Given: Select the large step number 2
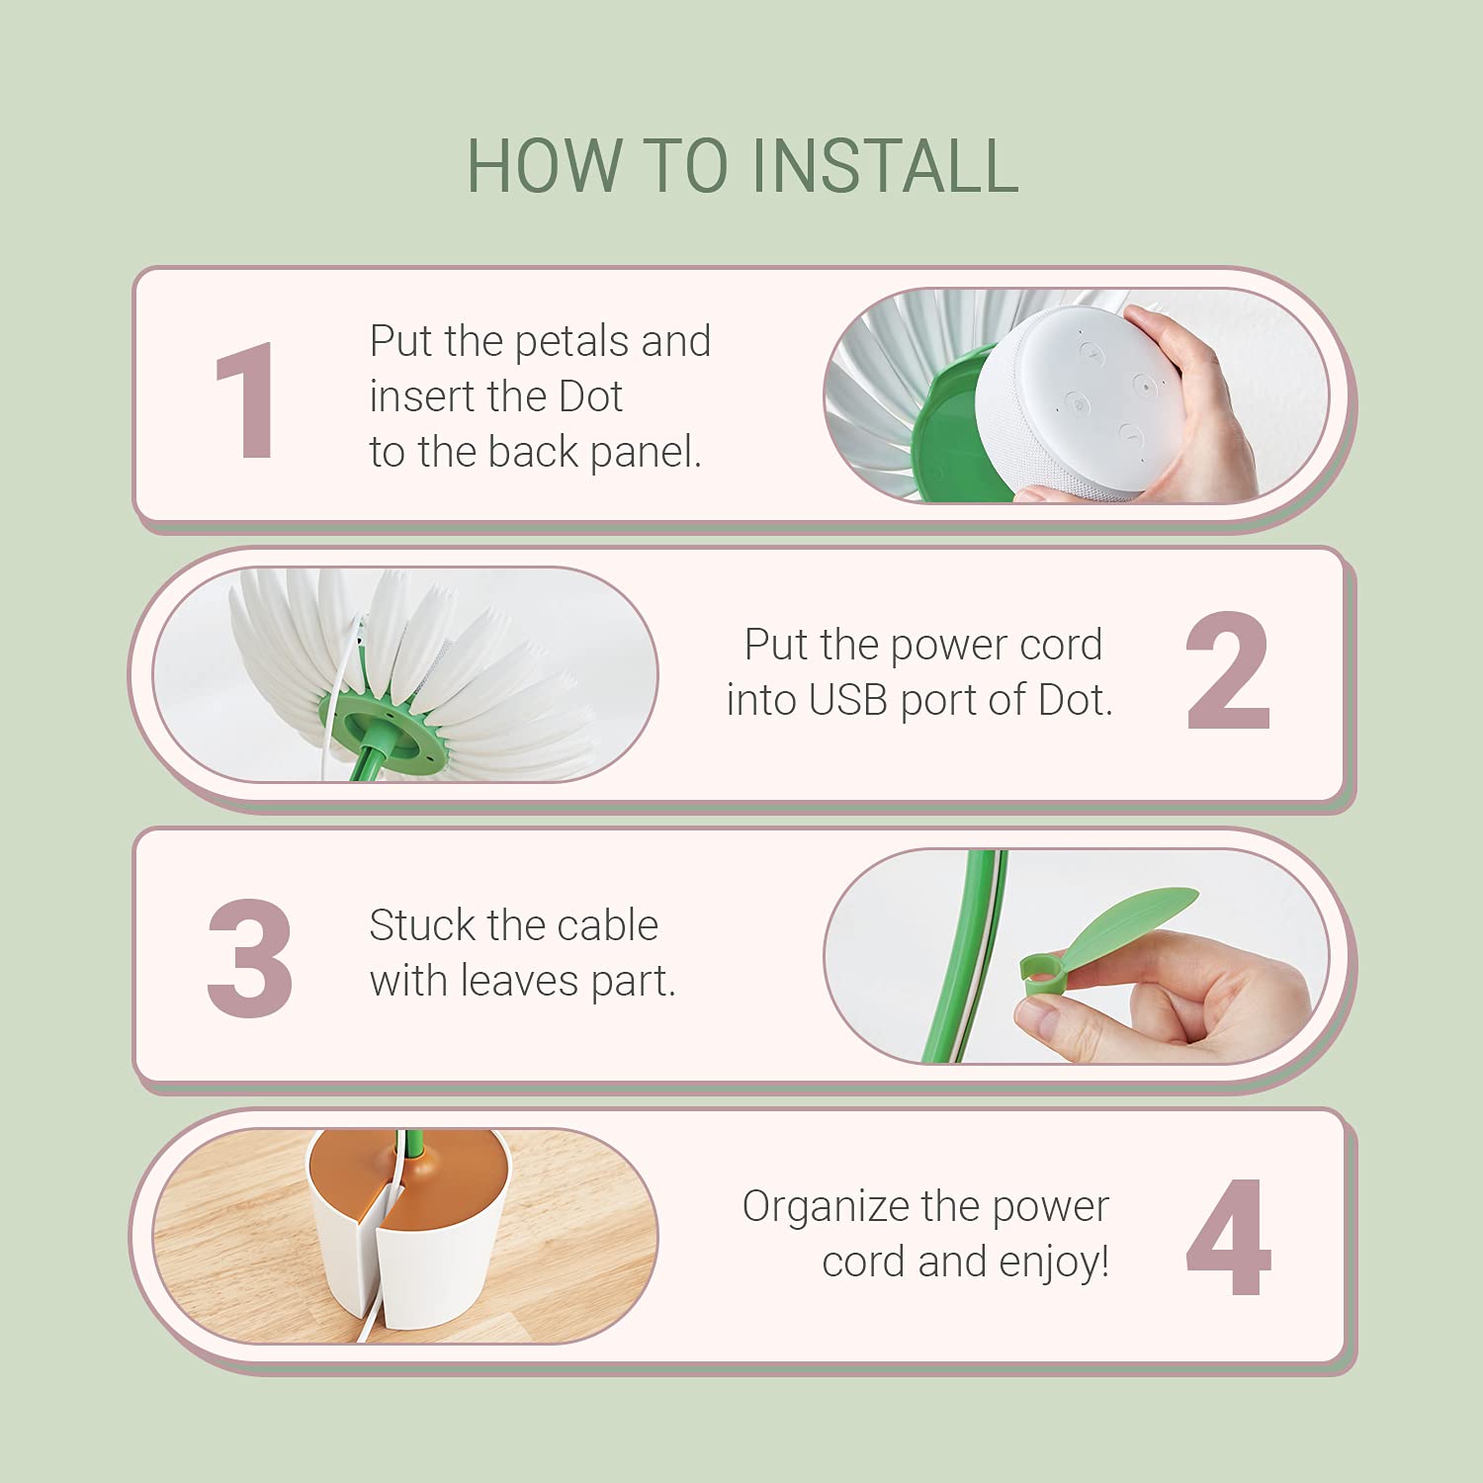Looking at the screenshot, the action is [x=1227, y=671].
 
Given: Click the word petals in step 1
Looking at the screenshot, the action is [x=571, y=343].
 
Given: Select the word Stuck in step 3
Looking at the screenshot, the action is [x=422, y=925].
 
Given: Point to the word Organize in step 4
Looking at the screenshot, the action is [x=826, y=1208].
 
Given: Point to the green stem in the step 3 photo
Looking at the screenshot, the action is [x=958, y=955].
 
